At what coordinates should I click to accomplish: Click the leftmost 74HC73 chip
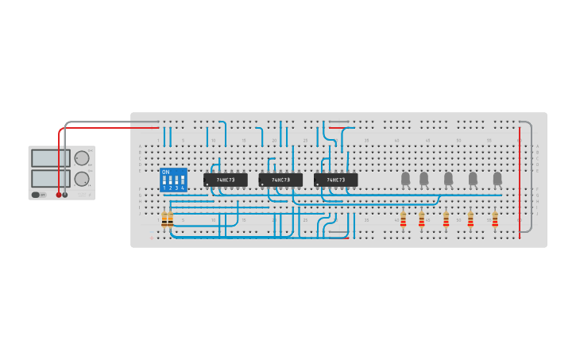pos(226,180)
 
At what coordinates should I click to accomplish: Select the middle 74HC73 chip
pos(280,180)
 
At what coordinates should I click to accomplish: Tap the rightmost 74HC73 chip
pos(335,180)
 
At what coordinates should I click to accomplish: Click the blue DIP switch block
pos(173,181)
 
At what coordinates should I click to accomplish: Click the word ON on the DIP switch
pos(165,172)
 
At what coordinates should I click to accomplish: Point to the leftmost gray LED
pos(405,178)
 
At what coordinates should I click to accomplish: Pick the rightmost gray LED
pos(497,178)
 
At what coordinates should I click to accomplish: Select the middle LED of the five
pos(448,178)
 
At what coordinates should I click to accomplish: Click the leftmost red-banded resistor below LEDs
pos(403,219)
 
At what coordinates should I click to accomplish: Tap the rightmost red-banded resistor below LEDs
pos(495,219)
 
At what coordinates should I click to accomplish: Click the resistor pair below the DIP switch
pos(167,220)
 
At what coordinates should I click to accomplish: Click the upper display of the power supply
pos(50,158)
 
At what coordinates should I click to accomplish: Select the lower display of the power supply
pos(50,178)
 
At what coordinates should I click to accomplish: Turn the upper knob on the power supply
pos(82,158)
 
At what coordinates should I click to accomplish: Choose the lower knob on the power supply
pos(82,179)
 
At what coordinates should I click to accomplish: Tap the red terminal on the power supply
pos(58,195)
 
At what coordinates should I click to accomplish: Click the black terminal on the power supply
pos(65,195)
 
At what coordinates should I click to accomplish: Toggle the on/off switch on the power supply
pos(37,195)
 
